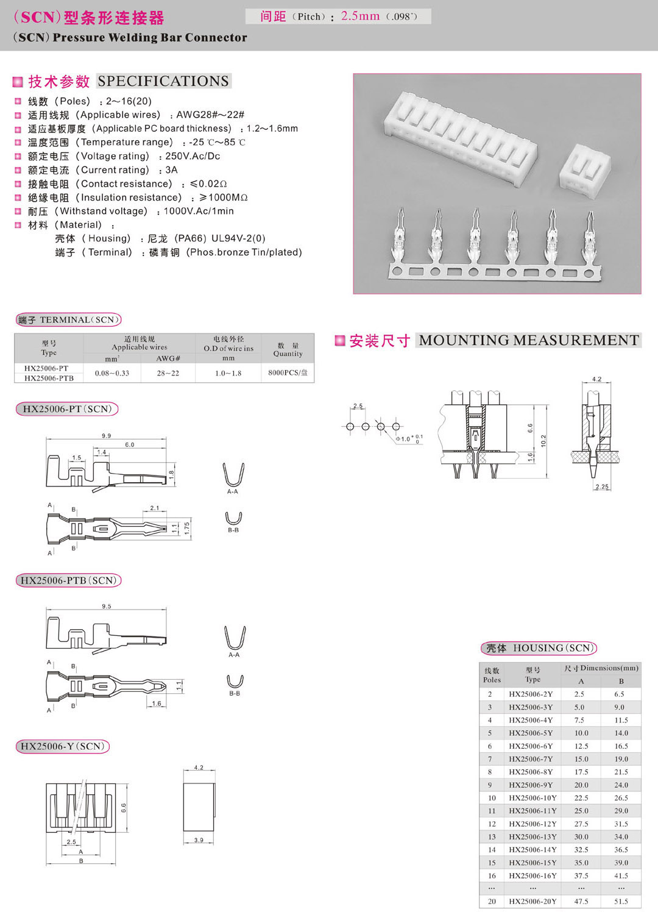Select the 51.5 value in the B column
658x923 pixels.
coord(621,901)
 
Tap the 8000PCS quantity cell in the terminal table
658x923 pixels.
coord(288,372)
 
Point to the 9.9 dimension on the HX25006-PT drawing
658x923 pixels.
coord(106,436)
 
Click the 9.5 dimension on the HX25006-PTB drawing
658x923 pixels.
coord(106,606)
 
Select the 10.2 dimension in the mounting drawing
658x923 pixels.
coord(543,440)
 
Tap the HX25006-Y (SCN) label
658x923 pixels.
coord(62,746)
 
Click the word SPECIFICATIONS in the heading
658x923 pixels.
coord(163,81)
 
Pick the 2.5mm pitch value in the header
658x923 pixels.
coord(360,16)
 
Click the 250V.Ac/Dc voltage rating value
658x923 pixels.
coord(193,156)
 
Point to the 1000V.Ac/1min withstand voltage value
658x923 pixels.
coord(199,211)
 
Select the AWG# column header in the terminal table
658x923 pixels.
coord(168,358)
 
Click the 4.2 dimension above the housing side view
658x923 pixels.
coord(199,768)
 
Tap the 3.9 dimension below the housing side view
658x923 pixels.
coord(199,840)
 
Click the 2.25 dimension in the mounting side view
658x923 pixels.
coord(601,486)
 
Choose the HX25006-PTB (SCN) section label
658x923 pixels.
coord(68,580)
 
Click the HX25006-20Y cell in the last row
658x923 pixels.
coord(532,901)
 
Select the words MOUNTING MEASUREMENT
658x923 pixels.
coord(529,340)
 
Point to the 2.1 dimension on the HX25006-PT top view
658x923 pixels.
coord(154,508)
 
